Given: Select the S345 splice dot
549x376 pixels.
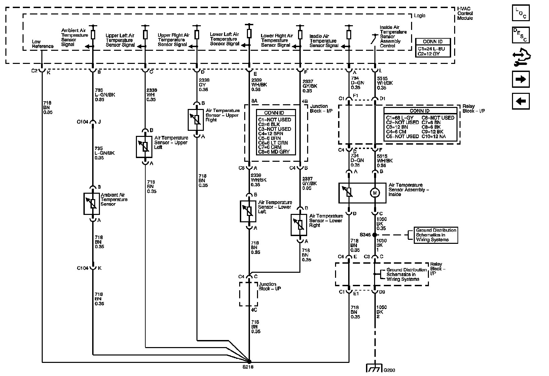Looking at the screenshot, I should pos(374,235).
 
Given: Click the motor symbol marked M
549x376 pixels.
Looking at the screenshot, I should pos(374,193).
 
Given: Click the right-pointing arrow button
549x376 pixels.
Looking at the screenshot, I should pos(521,79).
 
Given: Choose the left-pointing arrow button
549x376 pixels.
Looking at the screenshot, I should pos(521,101).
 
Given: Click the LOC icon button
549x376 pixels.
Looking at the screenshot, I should pos(521,13).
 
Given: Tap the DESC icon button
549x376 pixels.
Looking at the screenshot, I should pos(521,35).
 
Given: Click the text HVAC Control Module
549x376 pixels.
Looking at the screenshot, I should pos(465,13).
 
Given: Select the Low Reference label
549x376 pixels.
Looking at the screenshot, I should pos(42,44).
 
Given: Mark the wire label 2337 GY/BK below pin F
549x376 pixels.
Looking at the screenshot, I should pos(309,86).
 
